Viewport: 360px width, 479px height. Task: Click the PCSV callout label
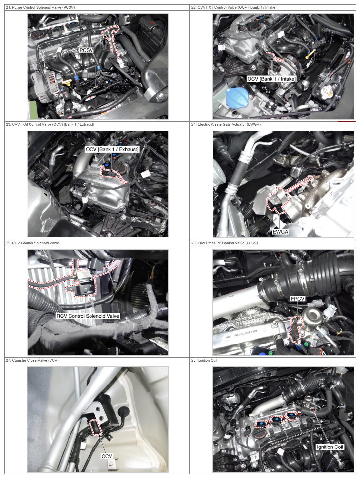pyautogui.click(x=86, y=50)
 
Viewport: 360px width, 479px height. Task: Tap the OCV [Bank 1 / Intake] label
pyautogui.click(x=271, y=79)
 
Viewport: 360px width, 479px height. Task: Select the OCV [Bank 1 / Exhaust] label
pyautogui.click(x=112, y=149)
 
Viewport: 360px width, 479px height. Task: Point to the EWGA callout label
pyautogui.click(x=280, y=232)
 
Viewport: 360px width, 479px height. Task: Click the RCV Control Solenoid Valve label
pyautogui.click(x=88, y=316)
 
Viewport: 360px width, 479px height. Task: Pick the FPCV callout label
pyautogui.click(x=297, y=298)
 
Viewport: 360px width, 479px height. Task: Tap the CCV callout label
pyautogui.click(x=107, y=456)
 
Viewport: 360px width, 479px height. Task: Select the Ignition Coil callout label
pyautogui.click(x=330, y=447)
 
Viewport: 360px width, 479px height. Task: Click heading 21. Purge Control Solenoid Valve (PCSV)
pyautogui.click(x=40, y=7)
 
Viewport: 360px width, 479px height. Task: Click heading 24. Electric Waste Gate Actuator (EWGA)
pyautogui.click(x=226, y=124)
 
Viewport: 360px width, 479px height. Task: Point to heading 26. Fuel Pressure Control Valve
pyautogui.click(x=225, y=243)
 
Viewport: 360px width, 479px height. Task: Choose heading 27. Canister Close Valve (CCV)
pyautogui.click(x=32, y=360)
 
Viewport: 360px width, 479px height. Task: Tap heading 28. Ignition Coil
pyautogui.click(x=204, y=360)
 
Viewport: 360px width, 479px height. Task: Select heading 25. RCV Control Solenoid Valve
pyautogui.click(x=32, y=243)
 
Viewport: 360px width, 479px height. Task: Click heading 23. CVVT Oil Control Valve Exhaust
pyautogui.click(x=50, y=124)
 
